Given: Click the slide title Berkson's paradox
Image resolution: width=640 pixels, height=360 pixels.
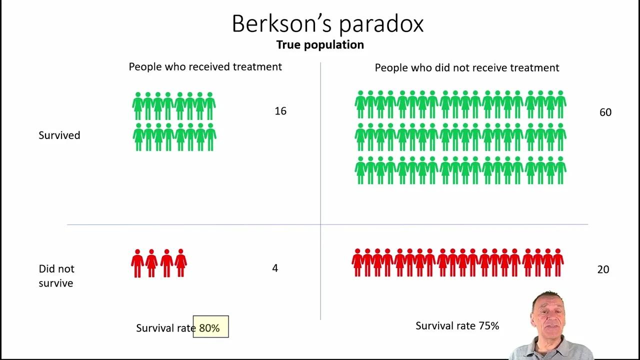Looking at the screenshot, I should click(327, 23).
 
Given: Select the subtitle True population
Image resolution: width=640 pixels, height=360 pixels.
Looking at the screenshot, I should click(320, 45).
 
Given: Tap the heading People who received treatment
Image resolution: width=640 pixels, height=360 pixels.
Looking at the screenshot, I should click(205, 67).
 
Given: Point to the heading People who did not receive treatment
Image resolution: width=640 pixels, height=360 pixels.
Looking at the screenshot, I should click(467, 68).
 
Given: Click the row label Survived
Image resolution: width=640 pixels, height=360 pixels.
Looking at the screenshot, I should click(59, 135).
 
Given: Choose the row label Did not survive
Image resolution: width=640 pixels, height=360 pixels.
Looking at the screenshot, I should click(56, 275).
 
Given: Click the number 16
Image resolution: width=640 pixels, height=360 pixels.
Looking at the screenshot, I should click(280, 111).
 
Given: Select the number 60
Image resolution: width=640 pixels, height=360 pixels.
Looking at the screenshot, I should click(605, 112).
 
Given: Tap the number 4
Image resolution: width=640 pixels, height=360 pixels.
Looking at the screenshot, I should click(274, 268).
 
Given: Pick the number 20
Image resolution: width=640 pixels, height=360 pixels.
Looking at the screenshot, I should click(603, 269).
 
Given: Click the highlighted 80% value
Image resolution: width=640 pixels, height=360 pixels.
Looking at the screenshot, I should click(209, 328).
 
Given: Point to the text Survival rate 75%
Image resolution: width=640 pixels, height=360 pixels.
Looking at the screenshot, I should click(457, 326).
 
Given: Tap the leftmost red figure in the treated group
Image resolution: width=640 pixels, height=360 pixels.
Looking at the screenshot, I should click(137, 263).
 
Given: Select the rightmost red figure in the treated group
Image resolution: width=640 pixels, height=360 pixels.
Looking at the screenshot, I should click(180, 263).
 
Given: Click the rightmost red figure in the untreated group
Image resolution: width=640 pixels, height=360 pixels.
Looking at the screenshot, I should click(558, 263).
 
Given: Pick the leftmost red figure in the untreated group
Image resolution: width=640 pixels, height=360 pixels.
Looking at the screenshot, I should click(357, 263).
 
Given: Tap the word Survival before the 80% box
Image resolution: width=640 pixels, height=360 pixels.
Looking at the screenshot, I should click(154, 328).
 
